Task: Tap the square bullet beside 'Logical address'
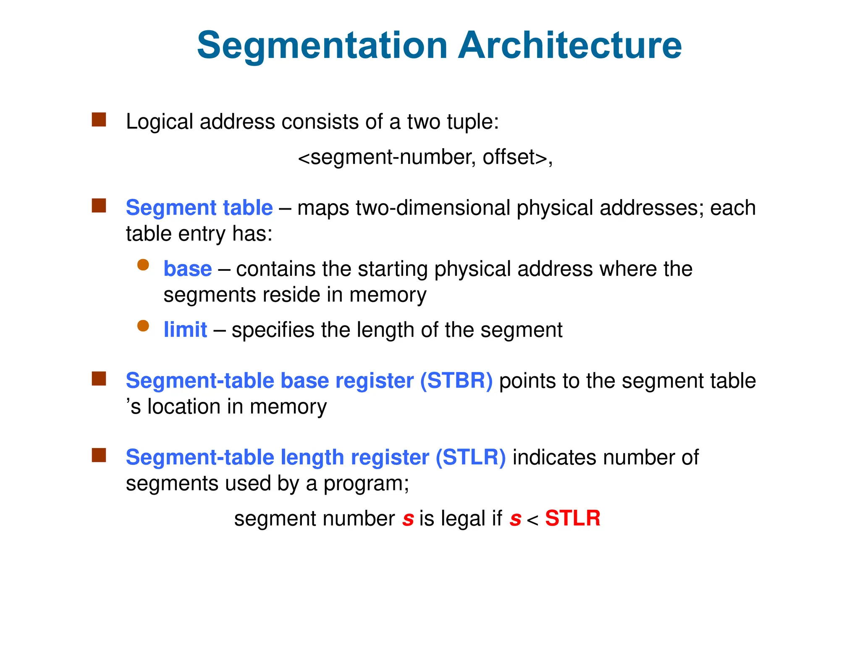(99, 120)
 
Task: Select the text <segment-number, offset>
(425, 157)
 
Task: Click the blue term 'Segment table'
(199, 208)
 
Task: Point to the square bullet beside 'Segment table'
(99, 206)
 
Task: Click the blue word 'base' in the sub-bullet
(187, 269)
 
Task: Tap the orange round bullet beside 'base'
(143, 265)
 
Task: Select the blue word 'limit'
(185, 330)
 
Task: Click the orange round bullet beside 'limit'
(143, 326)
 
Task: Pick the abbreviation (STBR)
(456, 381)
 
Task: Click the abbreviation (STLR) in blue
(470, 457)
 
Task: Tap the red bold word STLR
(572, 518)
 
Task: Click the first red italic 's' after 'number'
(408, 519)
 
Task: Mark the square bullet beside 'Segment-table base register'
(99, 379)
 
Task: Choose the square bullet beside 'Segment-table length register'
(99, 455)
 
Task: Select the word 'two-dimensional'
(433, 208)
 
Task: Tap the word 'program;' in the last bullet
(366, 484)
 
